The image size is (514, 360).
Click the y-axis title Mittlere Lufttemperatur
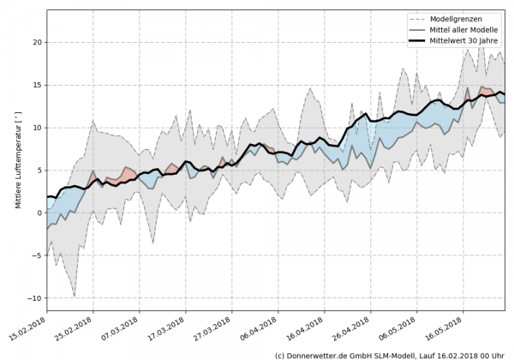tap(15, 163)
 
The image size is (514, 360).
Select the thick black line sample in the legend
tap(418, 39)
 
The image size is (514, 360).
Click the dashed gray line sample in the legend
tap(418, 19)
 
